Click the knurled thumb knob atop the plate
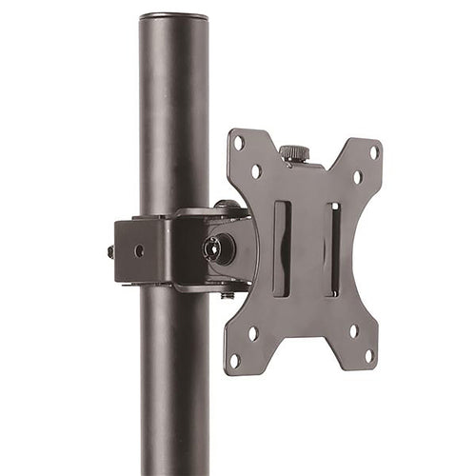pyautogui.click(x=293, y=152)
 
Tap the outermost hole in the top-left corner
pyautogui.click(x=239, y=143)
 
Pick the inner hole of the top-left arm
pyautogui.click(x=256, y=172)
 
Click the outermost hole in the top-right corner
pyautogui.click(x=374, y=151)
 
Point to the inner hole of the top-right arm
pyautogui.click(x=358, y=177)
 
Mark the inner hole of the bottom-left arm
pyautogui.click(x=252, y=332)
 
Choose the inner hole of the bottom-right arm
pyautogui.click(x=353, y=331)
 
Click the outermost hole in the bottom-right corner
pyautogui.click(x=369, y=356)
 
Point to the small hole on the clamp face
pyautogui.click(x=139, y=250)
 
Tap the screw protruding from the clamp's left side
pyautogui.click(x=110, y=252)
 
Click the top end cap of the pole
pyautogui.click(x=174, y=16)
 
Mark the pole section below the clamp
pyautogui.click(x=174, y=381)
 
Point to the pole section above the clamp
pyautogui.click(x=174, y=114)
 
